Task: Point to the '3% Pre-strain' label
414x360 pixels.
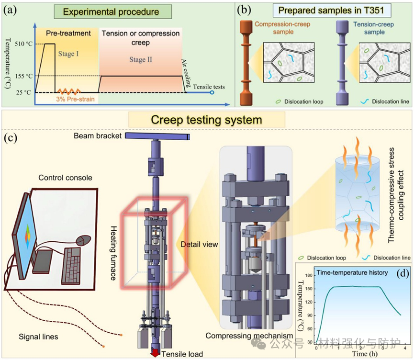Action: pos(74,99)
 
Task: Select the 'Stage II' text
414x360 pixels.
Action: pos(141,60)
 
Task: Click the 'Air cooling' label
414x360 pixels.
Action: pos(188,67)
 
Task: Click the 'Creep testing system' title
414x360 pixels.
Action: pos(206,120)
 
